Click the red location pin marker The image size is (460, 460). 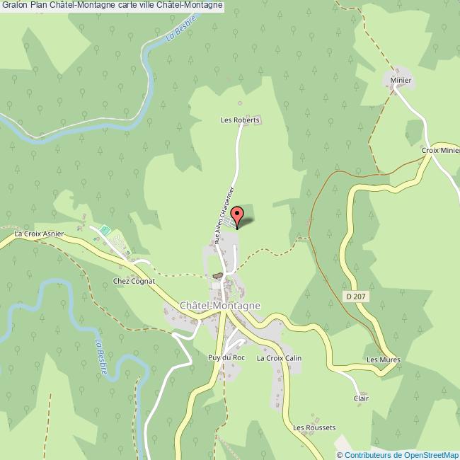click(x=237, y=215)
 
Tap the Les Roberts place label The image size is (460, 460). click(x=241, y=120)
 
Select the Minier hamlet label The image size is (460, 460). click(x=400, y=81)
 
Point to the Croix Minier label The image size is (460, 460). click(x=440, y=151)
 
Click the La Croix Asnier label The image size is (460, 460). click(x=39, y=233)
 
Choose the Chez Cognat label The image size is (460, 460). click(x=134, y=281)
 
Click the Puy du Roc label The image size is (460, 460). click(x=226, y=358)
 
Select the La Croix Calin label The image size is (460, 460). click(x=279, y=358)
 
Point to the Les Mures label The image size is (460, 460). click(x=383, y=360)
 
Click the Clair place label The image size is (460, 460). click(x=361, y=398)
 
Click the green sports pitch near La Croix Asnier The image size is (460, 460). click(x=105, y=230)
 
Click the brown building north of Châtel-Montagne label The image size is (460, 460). click(x=217, y=275)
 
